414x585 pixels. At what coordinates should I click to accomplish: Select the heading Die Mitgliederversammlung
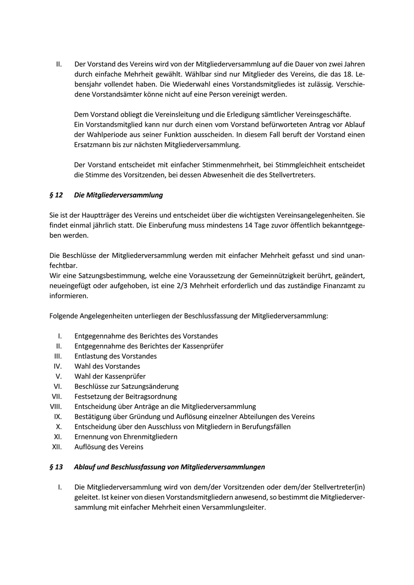(x=118, y=195)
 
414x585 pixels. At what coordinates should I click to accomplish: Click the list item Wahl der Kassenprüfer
(x=110, y=376)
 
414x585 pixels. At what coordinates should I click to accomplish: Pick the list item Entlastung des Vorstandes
(x=115, y=356)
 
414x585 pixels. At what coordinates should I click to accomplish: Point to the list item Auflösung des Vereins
(x=109, y=447)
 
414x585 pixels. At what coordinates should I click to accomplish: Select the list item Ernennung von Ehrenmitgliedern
(x=126, y=437)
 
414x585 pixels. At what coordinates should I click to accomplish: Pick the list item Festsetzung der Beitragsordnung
(x=126, y=397)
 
